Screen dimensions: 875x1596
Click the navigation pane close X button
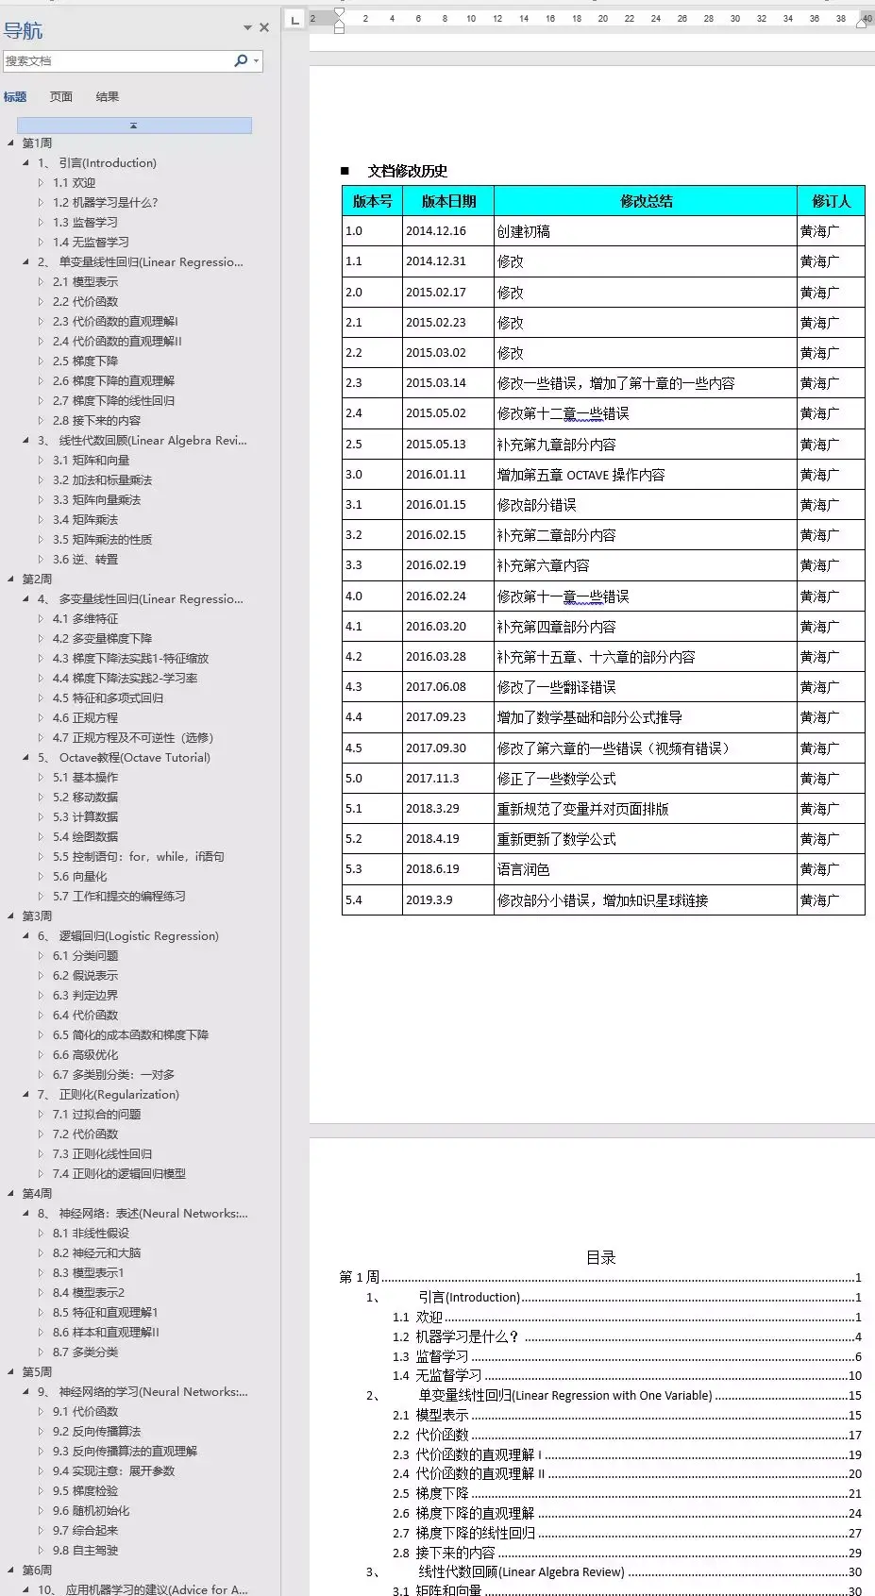click(264, 27)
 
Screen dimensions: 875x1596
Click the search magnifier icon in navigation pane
click(241, 60)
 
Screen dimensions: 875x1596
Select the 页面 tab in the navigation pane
click(61, 96)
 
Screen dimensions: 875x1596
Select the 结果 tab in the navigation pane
click(108, 96)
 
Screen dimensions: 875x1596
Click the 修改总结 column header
click(646, 201)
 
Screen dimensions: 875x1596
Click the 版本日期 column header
click(448, 201)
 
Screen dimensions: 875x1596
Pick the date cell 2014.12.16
click(436, 231)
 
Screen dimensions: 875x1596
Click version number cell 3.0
click(354, 475)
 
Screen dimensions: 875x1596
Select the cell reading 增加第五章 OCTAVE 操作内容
click(581, 475)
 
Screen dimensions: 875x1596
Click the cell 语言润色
click(524, 869)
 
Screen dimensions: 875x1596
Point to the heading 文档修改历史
click(407, 171)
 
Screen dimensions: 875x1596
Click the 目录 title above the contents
click(601, 1257)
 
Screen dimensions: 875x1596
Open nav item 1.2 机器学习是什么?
click(105, 202)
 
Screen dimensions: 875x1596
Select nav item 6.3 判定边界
click(85, 995)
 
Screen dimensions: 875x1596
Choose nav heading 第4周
click(37, 1193)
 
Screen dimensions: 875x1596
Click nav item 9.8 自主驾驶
click(85, 1550)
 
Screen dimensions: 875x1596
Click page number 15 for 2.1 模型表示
click(854, 1415)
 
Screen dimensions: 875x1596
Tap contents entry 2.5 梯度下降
click(442, 1493)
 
